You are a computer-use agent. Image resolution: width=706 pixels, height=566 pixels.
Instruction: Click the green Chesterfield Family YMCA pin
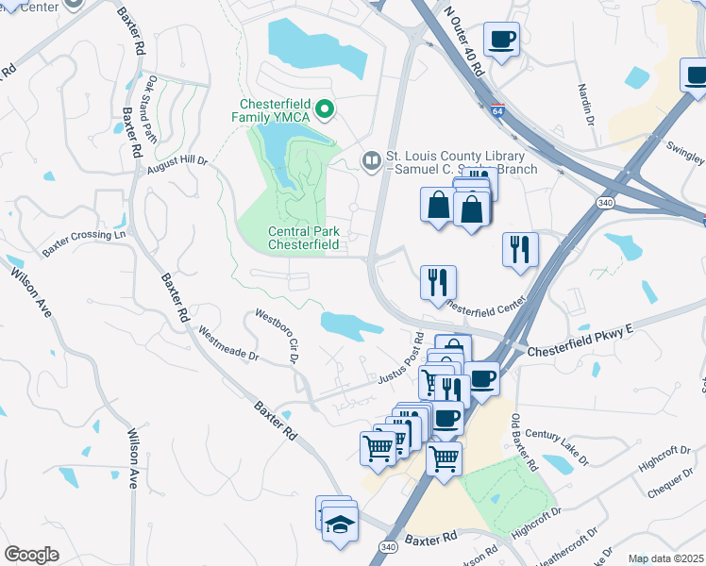[x=326, y=110]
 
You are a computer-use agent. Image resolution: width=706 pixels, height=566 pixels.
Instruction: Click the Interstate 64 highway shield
[x=496, y=110]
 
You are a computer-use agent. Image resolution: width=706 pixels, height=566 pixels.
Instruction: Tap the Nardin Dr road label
[x=584, y=103]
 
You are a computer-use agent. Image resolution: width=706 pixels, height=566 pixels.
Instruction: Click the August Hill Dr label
[x=176, y=165]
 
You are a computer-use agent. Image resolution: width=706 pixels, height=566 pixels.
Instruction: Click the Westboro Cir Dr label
[x=280, y=335]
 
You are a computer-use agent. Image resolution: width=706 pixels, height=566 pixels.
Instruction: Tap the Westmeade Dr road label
[x=228, y=342]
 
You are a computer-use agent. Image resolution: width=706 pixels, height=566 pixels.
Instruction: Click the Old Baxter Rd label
[x=523, y=442]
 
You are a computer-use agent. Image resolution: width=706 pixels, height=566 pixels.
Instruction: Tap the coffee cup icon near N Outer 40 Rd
[x=501, y=40]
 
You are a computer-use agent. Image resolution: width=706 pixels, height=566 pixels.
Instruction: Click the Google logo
[x=31, y=554]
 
